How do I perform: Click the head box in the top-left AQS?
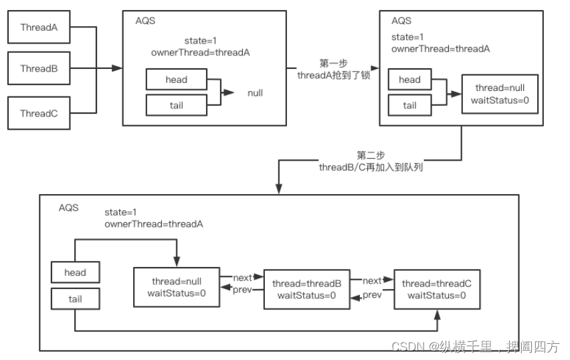(177, 80)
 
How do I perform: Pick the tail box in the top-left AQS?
(177, 104)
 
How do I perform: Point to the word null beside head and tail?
(255, 93)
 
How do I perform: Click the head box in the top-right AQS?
(409, 80)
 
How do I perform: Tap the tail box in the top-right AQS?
(409, 105)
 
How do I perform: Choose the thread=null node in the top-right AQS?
(498, 93)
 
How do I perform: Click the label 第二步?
(371, 155)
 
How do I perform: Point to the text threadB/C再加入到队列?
(371, 167)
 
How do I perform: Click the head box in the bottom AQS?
(75, 272)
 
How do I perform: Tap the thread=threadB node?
(306, 289)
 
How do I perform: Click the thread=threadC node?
(437, 289)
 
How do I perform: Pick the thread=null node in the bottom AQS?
(177, 287)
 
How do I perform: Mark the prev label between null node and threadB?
(242, 290)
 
